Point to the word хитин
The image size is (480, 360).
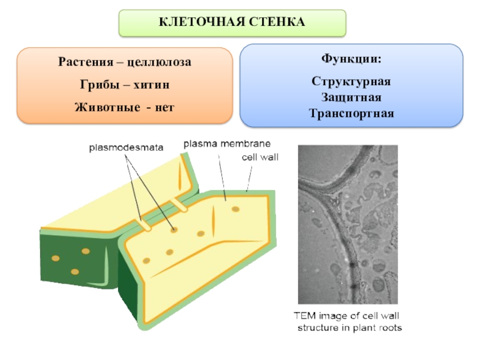149,85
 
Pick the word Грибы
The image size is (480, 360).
97,85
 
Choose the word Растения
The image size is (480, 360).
84,61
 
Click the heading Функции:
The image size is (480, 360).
351,61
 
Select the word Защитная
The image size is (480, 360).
352,97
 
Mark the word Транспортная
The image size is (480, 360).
352,112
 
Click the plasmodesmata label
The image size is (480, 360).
126,146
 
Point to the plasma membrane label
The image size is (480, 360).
227,144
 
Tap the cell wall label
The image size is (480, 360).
260,157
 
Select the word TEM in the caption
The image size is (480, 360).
303,316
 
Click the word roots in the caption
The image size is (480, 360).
388,328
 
